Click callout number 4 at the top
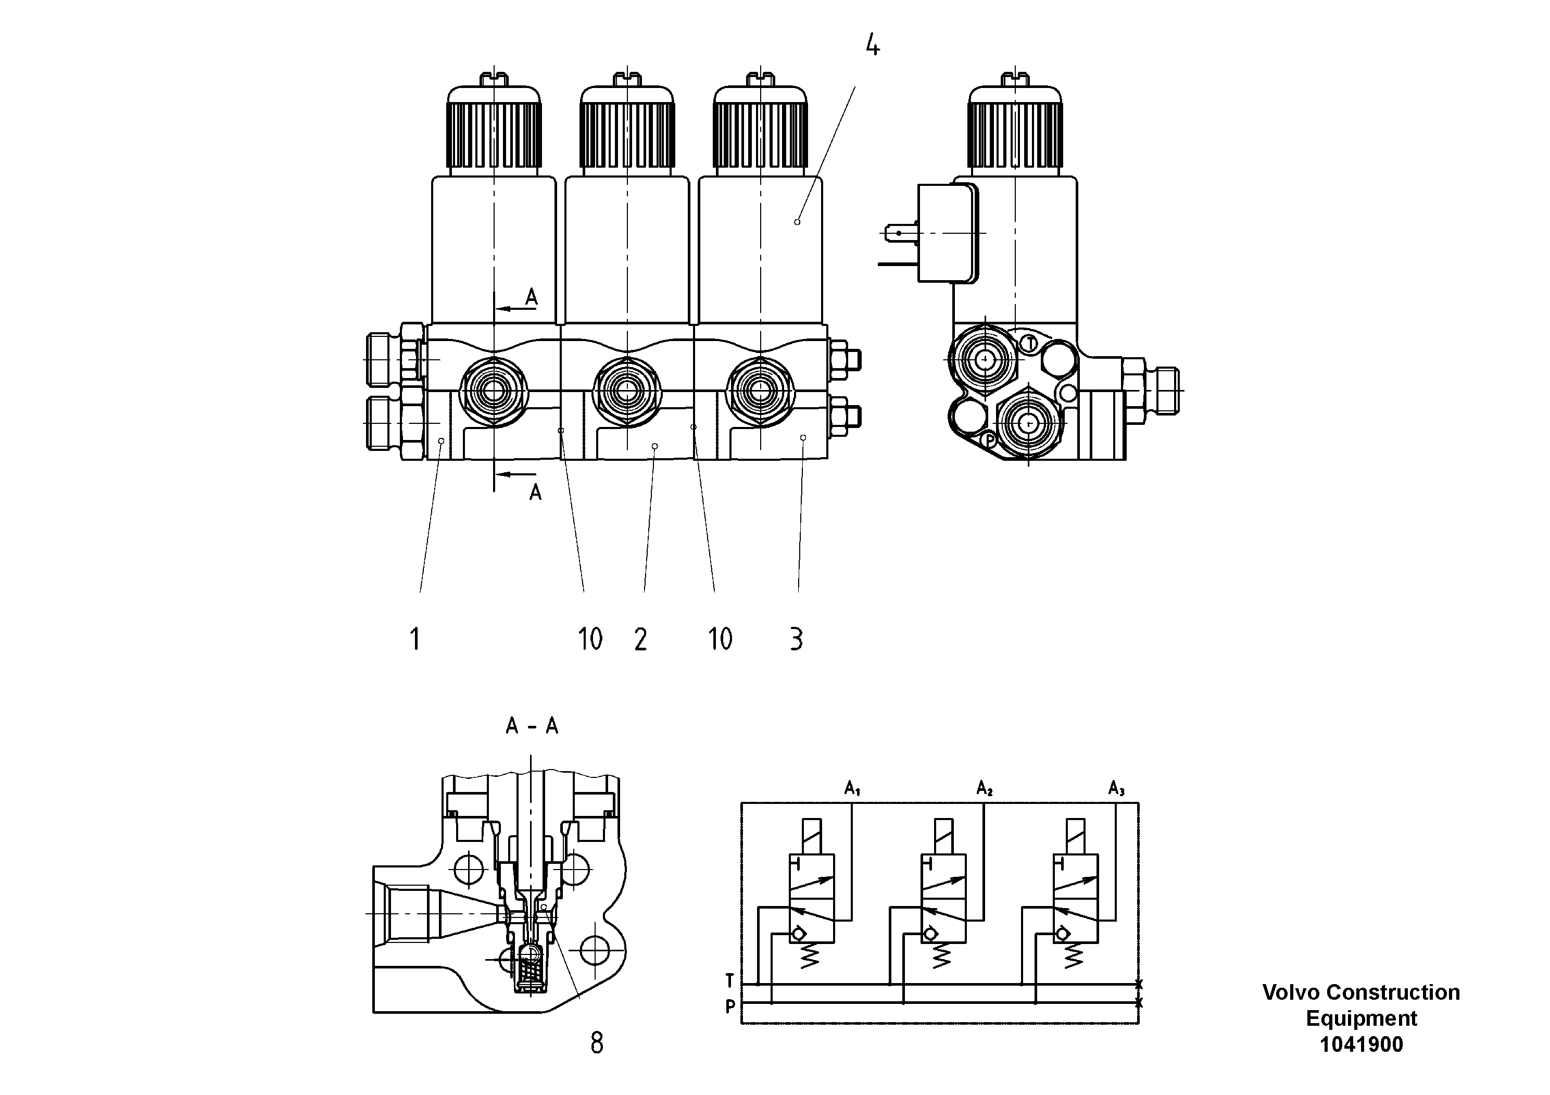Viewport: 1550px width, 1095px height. [x=872, y=46]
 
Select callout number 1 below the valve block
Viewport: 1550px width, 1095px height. [x=415, y=639]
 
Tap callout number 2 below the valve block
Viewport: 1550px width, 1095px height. [x=640, y=639]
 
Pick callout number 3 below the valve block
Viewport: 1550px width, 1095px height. [x=797, y=639]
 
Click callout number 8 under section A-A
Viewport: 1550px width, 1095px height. [x=597, y=1043]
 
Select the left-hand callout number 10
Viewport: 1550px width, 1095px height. [x=590, y=639]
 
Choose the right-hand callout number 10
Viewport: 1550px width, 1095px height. [x=720, y=639]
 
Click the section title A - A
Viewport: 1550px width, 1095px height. [x=532, y=726]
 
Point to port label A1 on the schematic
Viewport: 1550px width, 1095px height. [x=852, y=788]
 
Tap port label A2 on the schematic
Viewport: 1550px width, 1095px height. [x=984, y=788]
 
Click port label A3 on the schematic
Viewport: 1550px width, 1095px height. [x=1116, y=788]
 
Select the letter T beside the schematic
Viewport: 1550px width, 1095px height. [x=730, y=980]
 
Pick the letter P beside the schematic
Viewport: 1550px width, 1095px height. [x=730, y=1006]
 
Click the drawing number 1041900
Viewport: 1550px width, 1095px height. [x=1361, y=1044]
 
